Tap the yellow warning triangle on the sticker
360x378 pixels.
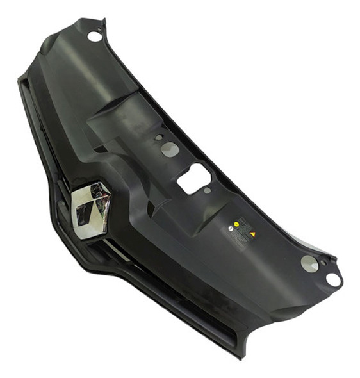click(253, 234)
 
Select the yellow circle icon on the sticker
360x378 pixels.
click(236, 224)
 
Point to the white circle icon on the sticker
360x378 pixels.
click(231, 228)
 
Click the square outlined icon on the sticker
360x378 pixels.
click(242, 220)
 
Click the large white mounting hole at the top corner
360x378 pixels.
click(95, 37)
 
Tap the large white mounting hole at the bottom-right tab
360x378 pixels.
click(333, 279)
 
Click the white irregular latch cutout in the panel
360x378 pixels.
click(193, 177)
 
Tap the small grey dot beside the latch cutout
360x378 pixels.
click(207, 190)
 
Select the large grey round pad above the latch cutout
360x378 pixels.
click(170, 149)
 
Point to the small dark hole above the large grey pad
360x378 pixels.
click(159, 136)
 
